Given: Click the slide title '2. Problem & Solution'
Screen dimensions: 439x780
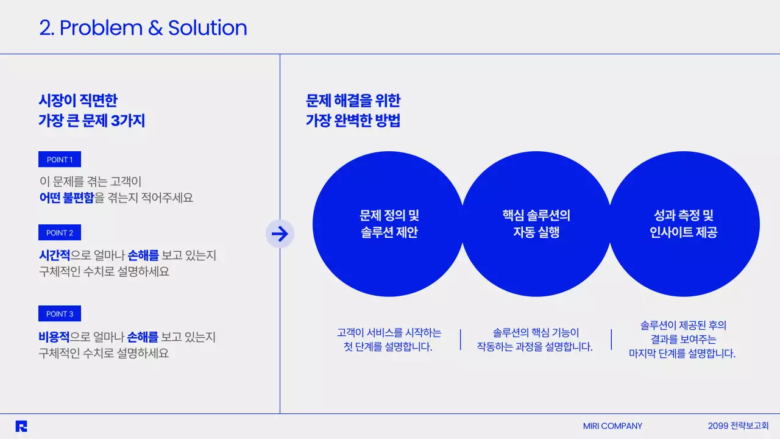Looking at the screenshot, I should pyautogui.click(x=143, y=28).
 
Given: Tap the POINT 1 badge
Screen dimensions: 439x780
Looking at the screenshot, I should pyautogui.click(x=60, y=160).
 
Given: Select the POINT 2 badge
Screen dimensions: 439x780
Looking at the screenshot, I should pyautogui.click(x=60, y=233).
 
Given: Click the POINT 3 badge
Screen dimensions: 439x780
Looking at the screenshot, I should pyautogui.click(x=60, y=314).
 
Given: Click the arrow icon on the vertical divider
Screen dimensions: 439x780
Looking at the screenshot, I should pyautogui.click(x=280, y=234).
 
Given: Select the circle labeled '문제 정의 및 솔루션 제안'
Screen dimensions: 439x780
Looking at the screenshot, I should pyautogui.click(x=389, y=224).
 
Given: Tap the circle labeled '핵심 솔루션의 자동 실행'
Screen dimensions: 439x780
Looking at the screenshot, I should pyautogui.click(x=536, y=224).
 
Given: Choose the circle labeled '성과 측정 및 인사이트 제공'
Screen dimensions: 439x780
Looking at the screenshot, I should pyautogui.click(x=684, y=224).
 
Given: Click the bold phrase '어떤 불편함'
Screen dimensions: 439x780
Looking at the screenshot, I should pyautogui.click(x=66, y=198).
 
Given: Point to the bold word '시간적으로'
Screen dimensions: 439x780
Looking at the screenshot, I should pyautogui.click(x=54, y=255).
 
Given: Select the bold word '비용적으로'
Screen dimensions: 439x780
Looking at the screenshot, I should pyautogui.click(x=54, y=337).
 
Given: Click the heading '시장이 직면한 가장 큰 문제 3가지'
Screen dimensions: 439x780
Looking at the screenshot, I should pyautogui.click(x=91, y=110).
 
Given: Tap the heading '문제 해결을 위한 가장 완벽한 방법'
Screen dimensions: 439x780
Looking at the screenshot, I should pyautogui.click(x=353, y=110).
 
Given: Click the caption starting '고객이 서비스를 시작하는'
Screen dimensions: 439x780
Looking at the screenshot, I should pyautogui.click(x=388, y=340).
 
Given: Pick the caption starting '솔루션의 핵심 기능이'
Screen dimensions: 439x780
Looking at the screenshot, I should pyautogui.click(x=535, y=340).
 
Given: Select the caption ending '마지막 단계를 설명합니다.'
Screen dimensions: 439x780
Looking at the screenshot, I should pyautogui.click(x=682, y=353).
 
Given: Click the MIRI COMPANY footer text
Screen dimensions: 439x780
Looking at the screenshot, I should pyautogui.click(x=612, y=426).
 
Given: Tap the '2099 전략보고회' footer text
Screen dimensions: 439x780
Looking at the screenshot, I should pyautogui.click(x=738, y=426).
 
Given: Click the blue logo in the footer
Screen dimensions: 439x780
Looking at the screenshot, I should pyautogui.click(x=21, y=426).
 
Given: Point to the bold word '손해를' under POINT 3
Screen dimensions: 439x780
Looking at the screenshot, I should pyautogui.click(x=143, y=337).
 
